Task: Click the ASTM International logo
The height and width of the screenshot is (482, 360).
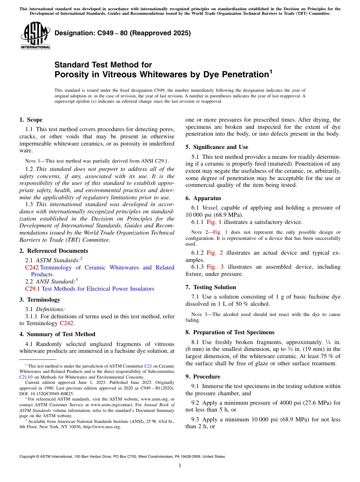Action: coord(35,35)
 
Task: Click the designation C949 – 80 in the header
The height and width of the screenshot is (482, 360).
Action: coord(122,33)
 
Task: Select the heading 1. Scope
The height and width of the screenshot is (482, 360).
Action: coord(31,120)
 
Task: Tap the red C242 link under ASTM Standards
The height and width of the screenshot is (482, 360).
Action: coord(31,268)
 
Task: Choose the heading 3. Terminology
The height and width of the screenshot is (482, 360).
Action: coord(39,300)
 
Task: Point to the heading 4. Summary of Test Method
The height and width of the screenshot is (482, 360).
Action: coord(57,334)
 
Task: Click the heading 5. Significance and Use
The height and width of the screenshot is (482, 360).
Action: coord(217,147)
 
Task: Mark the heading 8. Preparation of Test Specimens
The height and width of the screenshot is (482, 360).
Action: coord(230,332)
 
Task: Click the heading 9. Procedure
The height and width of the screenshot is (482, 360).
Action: coord(202,377)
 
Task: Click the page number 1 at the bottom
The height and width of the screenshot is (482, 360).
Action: coord(180,466)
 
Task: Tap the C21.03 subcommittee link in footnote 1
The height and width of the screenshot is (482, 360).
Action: coord(26,377)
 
